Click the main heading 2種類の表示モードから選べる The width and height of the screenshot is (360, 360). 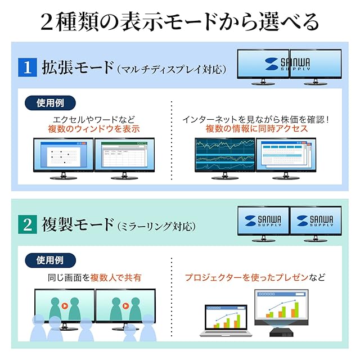pyautogui.click(x=180, y=22)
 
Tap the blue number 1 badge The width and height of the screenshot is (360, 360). pyautogui.click(x=26, y=68)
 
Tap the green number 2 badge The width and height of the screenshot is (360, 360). pyautogui.click(x=26, y=226)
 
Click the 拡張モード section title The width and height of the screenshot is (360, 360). pyautogui.click(x=77, y=68)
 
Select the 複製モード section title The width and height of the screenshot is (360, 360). pyautogui.click(x=77, y=226)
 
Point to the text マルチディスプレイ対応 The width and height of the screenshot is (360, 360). pyautogui.click(x=172, y=69)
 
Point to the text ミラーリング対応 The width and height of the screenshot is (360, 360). pyautogui.click(x=157, y=227)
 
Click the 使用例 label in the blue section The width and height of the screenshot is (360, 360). pyautogui.click(x=50, y=103)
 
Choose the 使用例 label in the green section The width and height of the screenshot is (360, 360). pyautogui.click(x=50, y=260)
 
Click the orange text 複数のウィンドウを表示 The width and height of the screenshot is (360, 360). pyautogui.click(x=93, y=129)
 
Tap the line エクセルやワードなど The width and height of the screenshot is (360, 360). pyautogui.click(x=93, y=119)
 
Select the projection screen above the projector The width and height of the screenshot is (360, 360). pyautogui.click(x=281, y=307)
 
